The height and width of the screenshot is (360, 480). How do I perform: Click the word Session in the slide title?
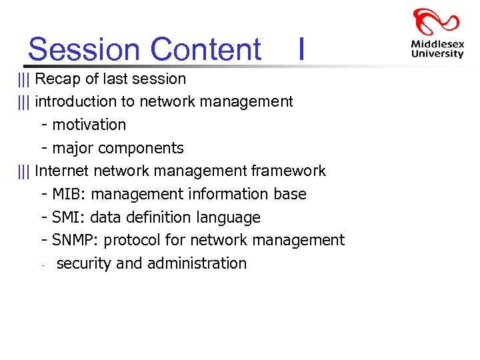[85, 49]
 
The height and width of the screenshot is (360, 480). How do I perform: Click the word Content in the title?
[206, 49]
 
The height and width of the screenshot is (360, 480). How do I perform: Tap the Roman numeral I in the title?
[302, 49]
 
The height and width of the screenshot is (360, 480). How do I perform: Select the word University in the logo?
[437, 55]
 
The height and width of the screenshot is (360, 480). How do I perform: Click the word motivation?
[89, 125]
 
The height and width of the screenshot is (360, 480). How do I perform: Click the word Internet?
[62, 171]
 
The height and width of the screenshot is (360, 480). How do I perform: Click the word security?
[84, 263]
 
